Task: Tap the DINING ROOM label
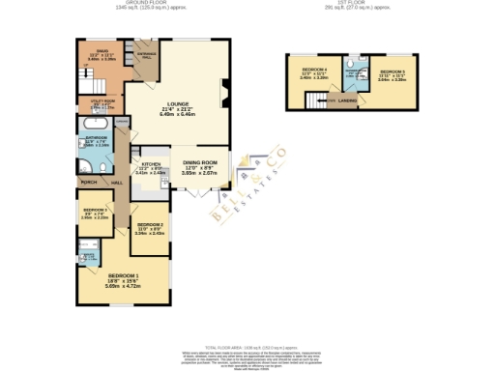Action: pos(199,161)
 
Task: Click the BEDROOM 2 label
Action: pos(148,223)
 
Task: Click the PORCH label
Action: pos(89,182)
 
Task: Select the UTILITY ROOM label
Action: pos(102,100)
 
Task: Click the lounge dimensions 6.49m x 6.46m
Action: pos(177,113)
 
